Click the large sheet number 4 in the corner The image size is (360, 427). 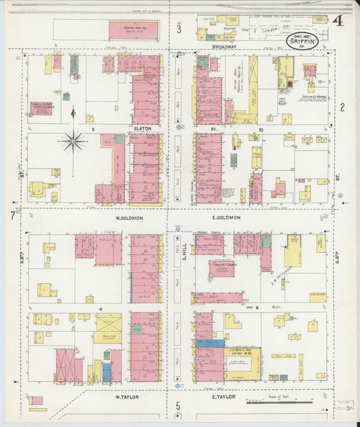(337, 20)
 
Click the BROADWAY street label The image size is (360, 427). (224, 48)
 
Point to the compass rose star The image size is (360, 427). (72, 141)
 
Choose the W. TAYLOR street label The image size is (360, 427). (126, 397)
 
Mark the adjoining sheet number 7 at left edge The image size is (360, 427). (12, 216)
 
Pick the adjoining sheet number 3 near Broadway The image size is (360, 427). (179, 29)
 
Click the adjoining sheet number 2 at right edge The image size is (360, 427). (342, 107)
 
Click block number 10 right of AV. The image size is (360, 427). (259, 128)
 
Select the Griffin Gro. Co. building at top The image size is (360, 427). (133, 30)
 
